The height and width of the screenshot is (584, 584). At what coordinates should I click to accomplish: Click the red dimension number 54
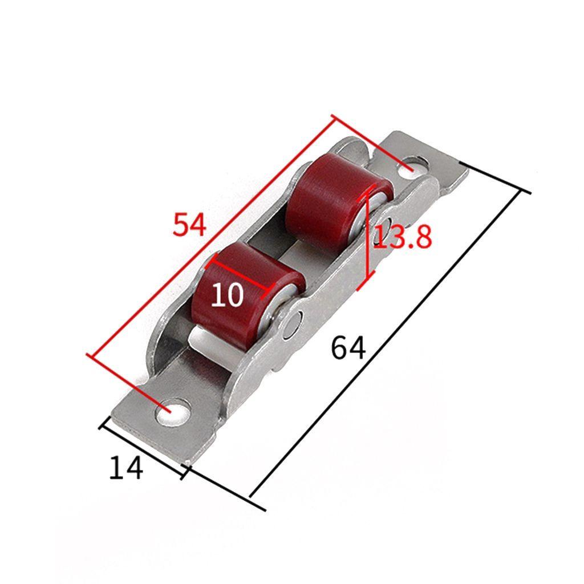189,225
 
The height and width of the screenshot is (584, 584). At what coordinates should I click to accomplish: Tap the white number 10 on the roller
227,294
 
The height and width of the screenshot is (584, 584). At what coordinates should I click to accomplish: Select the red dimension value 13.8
403,237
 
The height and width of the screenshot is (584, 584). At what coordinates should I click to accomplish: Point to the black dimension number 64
348,348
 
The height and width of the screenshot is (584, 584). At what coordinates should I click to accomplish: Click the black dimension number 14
126,468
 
